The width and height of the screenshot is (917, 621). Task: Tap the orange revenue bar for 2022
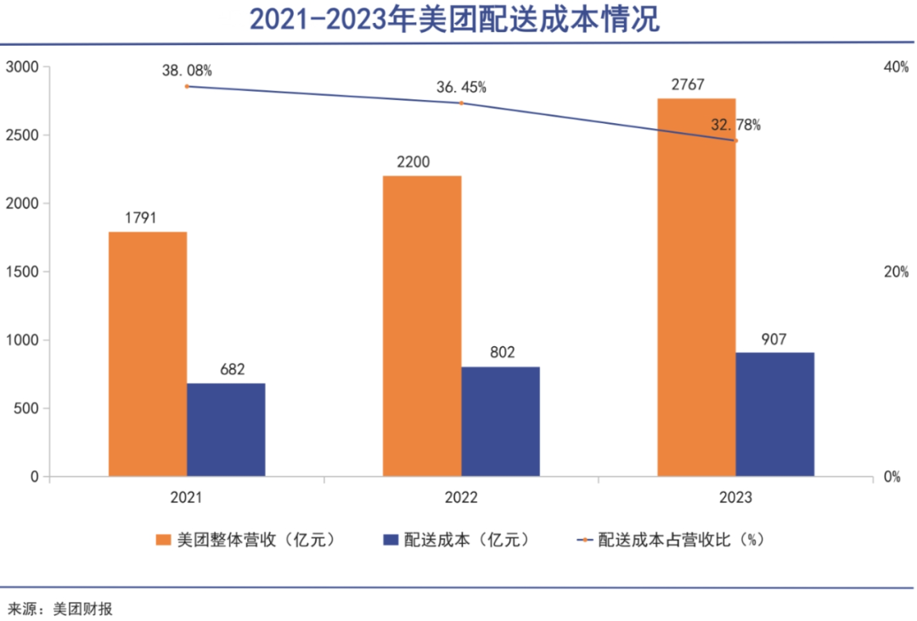coord(422,326)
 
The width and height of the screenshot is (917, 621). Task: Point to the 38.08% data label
coord(187,70)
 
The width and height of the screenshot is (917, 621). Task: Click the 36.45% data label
coord(461,87)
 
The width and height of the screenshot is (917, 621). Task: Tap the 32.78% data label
coord(735,126)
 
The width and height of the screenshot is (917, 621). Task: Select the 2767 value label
coord(696,85)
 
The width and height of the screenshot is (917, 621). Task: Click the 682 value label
coord(226,369)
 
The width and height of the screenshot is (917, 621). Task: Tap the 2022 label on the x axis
coord(461,498)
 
